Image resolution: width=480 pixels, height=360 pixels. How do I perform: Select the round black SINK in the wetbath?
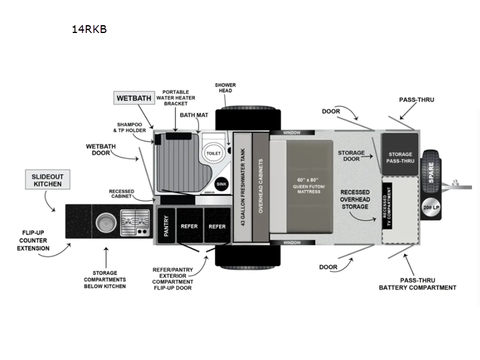[x=220, y=184]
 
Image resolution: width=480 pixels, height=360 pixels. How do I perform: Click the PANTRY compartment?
[x=167, y=226]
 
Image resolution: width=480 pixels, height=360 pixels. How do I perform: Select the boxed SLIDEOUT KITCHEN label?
[x=48, y=179]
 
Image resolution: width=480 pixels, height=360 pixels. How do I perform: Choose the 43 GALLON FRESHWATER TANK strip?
[x=242, y=187]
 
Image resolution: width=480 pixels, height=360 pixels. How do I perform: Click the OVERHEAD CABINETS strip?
[x=261, y=187]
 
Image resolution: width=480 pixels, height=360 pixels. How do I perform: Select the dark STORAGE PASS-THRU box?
[x=400, y=157]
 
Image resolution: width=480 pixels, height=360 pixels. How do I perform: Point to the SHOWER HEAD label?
[x=225, y=89]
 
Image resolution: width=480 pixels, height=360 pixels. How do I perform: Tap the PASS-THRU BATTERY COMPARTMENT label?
[x=417, y=283]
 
